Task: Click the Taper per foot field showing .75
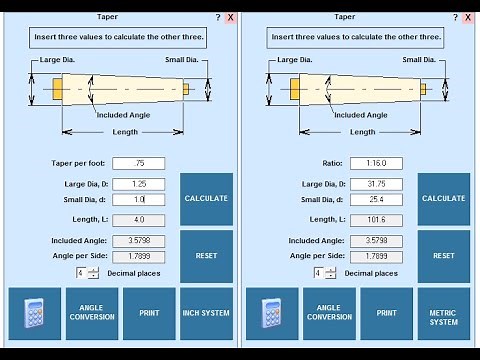point(138,163)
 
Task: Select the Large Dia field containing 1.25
point(138,184)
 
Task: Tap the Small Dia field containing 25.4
point(376,199)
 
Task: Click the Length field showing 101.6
point(376,219)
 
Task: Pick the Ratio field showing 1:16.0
point(376,163)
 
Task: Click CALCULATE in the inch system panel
point(206,198)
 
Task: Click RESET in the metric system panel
point(444,255)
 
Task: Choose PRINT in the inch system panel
point(149,313)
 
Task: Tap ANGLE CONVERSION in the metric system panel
point(329,313)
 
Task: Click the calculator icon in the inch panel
point(34,313)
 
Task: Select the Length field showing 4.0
point(138,219)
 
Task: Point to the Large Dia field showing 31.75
point(376,184)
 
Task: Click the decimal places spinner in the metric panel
point(322,273)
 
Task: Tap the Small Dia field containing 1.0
point(138,199)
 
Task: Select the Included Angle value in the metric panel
point(376,240)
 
